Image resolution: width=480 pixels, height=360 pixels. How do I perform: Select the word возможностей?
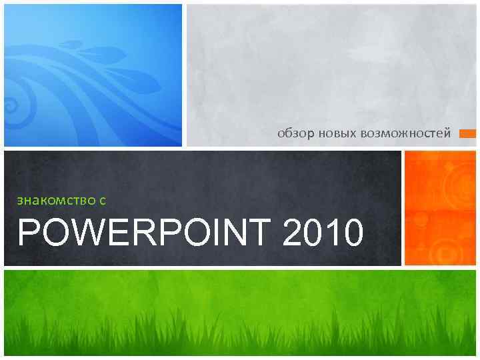(406, 134)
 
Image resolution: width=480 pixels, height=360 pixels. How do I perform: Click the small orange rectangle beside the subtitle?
(468, 134)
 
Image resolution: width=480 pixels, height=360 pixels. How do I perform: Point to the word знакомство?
(55, 199)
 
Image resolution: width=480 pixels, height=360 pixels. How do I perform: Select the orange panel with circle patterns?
(441, 208)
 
